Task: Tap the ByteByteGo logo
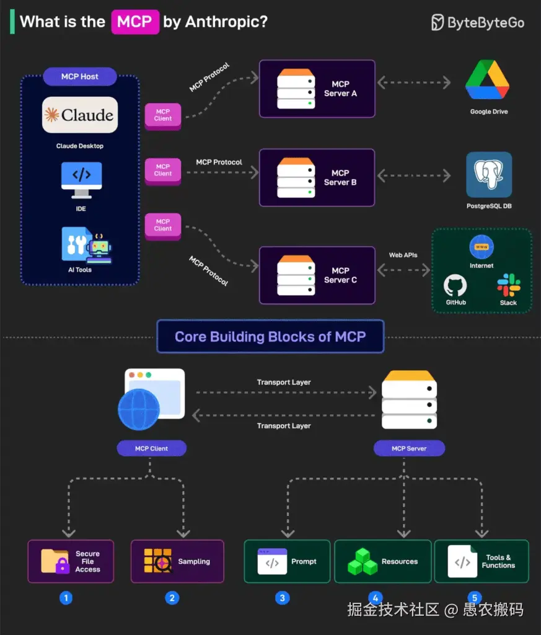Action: point(478,22)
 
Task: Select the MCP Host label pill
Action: point(80,77)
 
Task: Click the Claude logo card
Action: point(80,115)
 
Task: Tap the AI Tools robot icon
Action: point(87,244)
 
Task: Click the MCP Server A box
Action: point(317,89)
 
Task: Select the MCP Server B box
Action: point(317,177)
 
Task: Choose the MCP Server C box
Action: point(317,275)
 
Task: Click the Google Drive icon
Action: point(488,81)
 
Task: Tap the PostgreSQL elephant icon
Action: point(489,174)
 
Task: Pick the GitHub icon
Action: point(455,286)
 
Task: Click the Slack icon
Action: point(508,285)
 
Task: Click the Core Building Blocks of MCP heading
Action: point(270,337)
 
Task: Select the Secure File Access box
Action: point(71,561)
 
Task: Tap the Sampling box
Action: point(177,561)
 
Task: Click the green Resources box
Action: point(382,561)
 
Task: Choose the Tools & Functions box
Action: point(482,561)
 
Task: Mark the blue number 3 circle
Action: point(283,598)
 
